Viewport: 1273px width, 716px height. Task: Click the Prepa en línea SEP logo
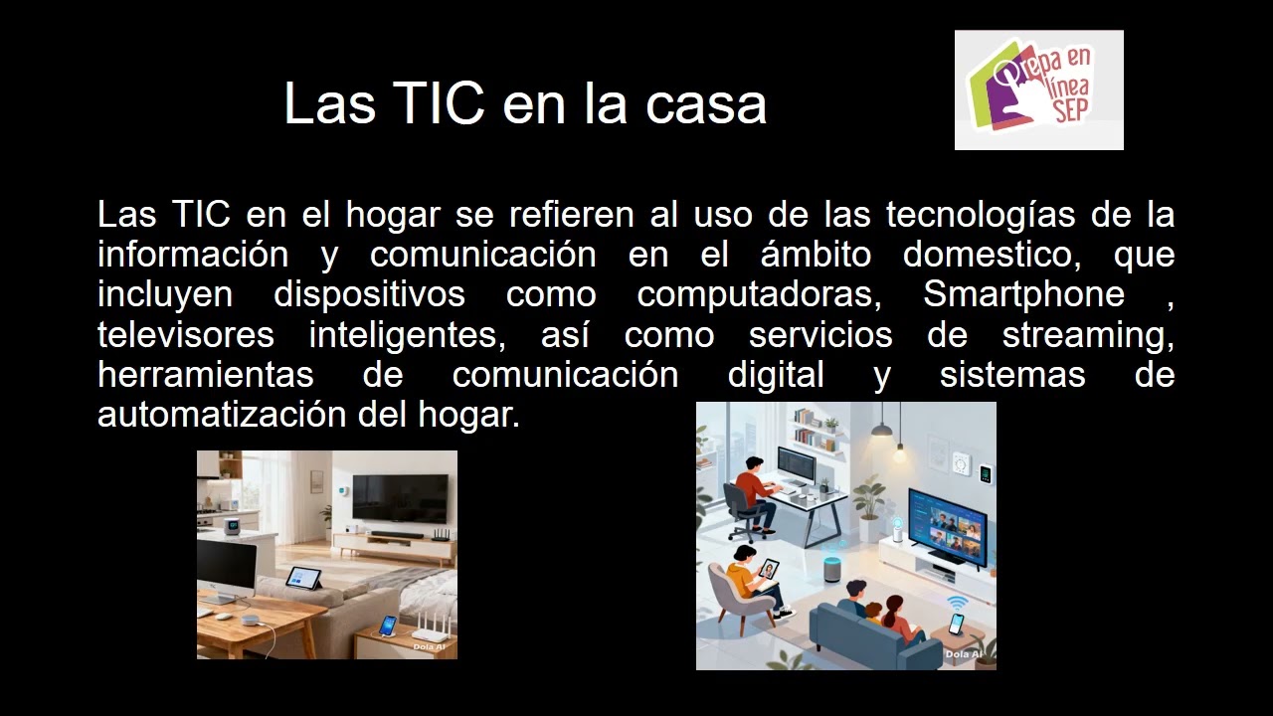coord(1038,89)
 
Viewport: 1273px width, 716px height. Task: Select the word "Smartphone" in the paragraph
coord(1023,295)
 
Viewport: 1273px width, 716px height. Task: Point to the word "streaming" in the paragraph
coord(1087,335)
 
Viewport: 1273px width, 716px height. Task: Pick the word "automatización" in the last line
coord(223,415)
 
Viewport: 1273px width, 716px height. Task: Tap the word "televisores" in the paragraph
coord(186,335)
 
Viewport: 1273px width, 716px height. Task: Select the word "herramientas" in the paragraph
coord(206,375)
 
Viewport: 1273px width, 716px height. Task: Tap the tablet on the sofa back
coord(303,578)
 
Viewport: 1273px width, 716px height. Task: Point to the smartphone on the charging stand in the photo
coord(388,626)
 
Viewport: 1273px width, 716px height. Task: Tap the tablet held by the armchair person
coord(769,569)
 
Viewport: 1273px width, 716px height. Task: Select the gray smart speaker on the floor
coord(832,569)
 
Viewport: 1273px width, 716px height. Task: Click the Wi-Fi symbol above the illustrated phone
coord(957,603)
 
